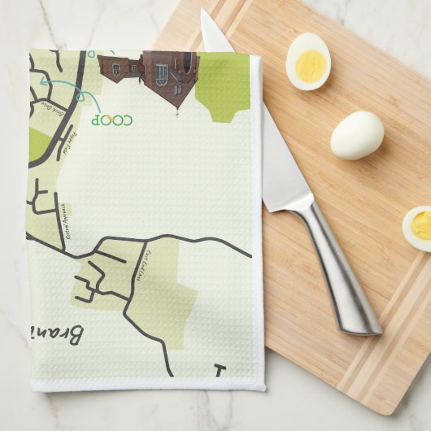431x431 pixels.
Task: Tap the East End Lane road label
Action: pyautogui.click(x=149, y=265)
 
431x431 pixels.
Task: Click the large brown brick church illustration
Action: pyautogui.click(x=168, y=78)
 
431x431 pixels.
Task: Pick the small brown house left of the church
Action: pyautogui.click(x=113, y=68)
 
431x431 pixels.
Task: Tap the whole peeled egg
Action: pyautogui.click(x=357, y=135)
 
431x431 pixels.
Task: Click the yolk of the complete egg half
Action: pyautogui.click(x=309, y=65)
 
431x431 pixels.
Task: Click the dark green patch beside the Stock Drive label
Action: pyautogui.click(x=38, y=144)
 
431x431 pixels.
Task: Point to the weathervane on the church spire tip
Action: pyautogui.click(x=177, y=113)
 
